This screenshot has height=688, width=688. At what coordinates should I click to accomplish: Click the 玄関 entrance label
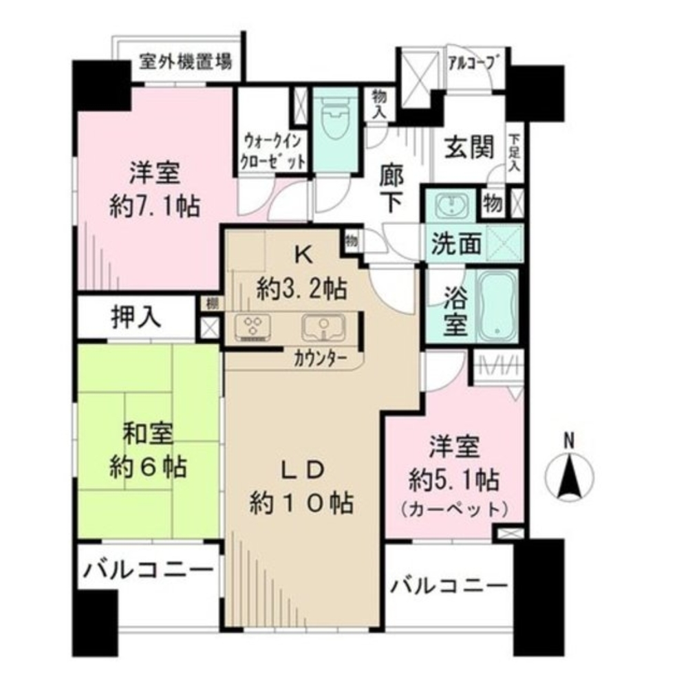pyautogui.click(x=469, y=147)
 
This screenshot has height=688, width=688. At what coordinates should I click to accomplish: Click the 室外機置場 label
pyautogui.click(x=185, y=61)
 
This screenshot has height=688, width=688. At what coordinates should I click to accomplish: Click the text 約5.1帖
pyautogui.click(x=454, y=477)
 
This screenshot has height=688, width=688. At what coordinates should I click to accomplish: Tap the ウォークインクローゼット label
pyautogui.click(x=273, y=152)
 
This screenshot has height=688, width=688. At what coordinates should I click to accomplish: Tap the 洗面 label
pyautogui.click(x=455, y=244)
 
